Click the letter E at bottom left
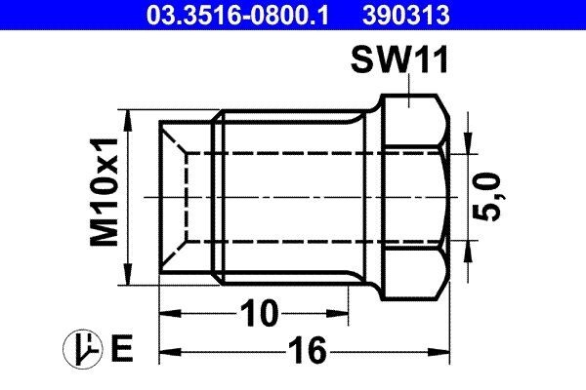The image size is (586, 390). [122, 348]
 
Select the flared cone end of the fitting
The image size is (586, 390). [186, 195]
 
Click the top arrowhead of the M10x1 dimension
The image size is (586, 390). [129, 115]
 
